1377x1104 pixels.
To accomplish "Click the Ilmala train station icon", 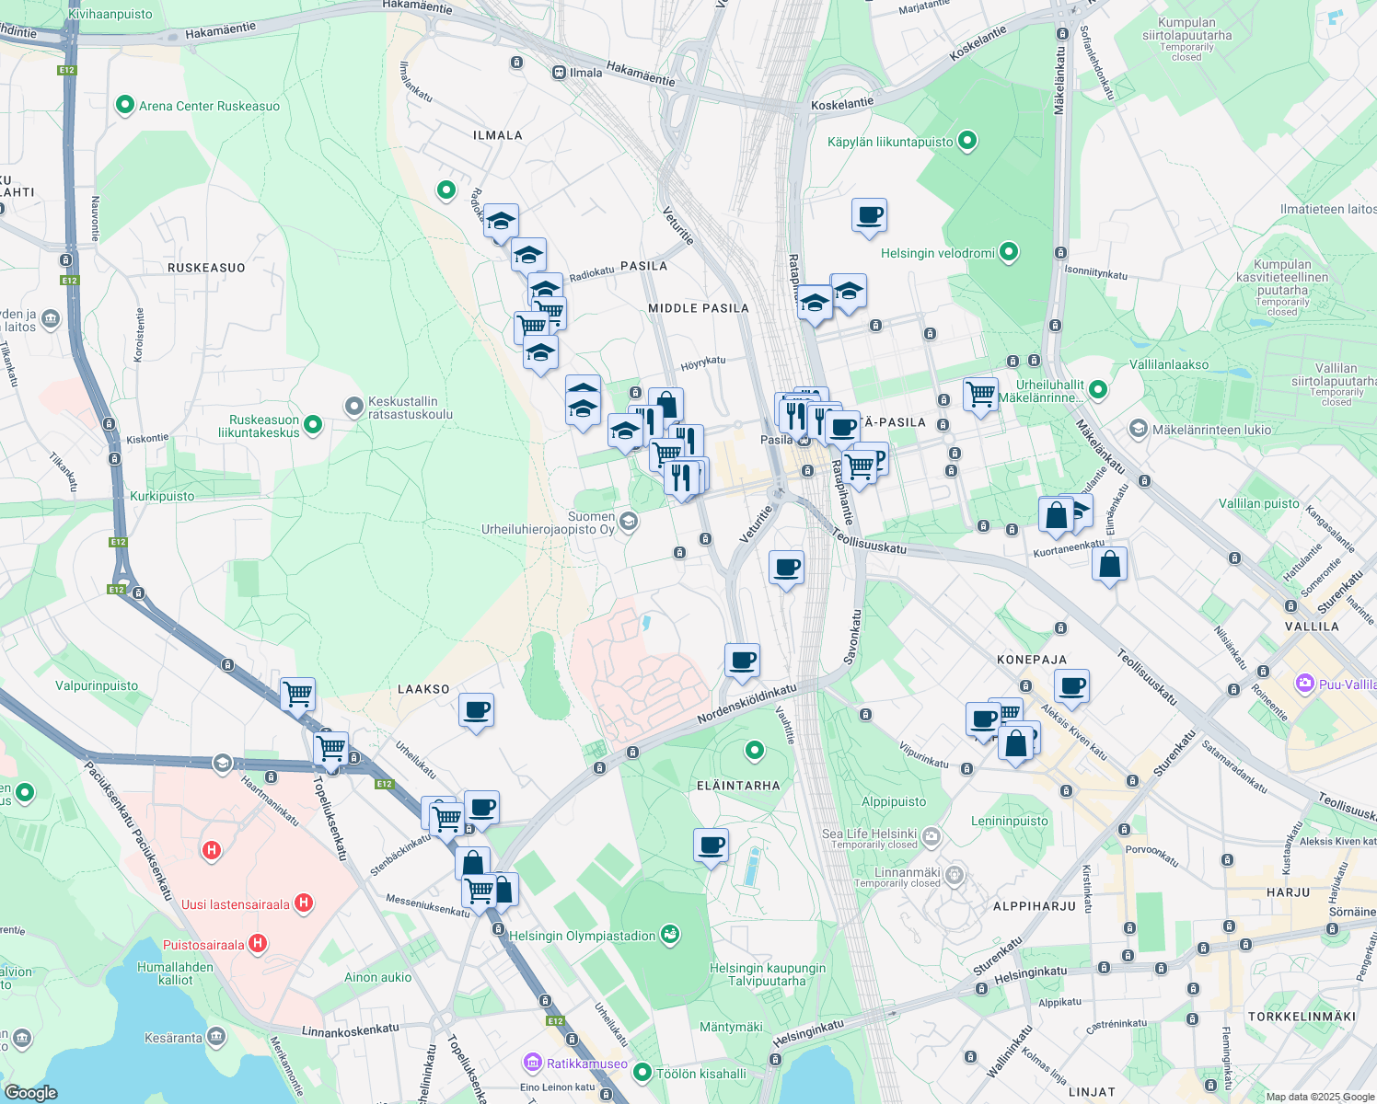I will pos(559,73).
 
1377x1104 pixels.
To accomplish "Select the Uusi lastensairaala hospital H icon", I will pos(304,903).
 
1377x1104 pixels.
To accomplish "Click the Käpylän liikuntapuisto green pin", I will pos(966,141).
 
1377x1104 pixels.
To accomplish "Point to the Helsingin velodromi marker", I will pos(1009,251).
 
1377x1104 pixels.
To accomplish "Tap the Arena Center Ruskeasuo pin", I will pos(125,105).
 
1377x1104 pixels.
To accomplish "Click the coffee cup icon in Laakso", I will pos(476,710).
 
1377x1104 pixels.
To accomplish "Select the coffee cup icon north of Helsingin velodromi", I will pos(869,215).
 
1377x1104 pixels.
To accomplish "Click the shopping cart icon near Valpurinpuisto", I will pos(297,695).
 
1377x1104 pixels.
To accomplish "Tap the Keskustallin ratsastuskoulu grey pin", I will pos(354,406).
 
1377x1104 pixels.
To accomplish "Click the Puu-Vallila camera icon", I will pos(1304,684).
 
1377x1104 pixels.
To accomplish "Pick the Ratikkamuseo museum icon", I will pos(533,1063).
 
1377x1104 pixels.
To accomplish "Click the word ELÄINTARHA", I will pos(738,786).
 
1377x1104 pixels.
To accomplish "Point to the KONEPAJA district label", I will pos(1032,660).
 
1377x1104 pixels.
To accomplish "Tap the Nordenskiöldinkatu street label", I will pos(746,704).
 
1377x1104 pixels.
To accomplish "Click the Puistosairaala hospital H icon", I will pos(258,943).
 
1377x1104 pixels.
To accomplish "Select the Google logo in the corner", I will pos(30,1092).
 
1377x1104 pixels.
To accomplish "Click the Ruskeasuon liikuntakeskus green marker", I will pos(313,424).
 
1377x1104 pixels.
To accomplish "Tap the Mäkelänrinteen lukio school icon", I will pos(1139,430).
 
